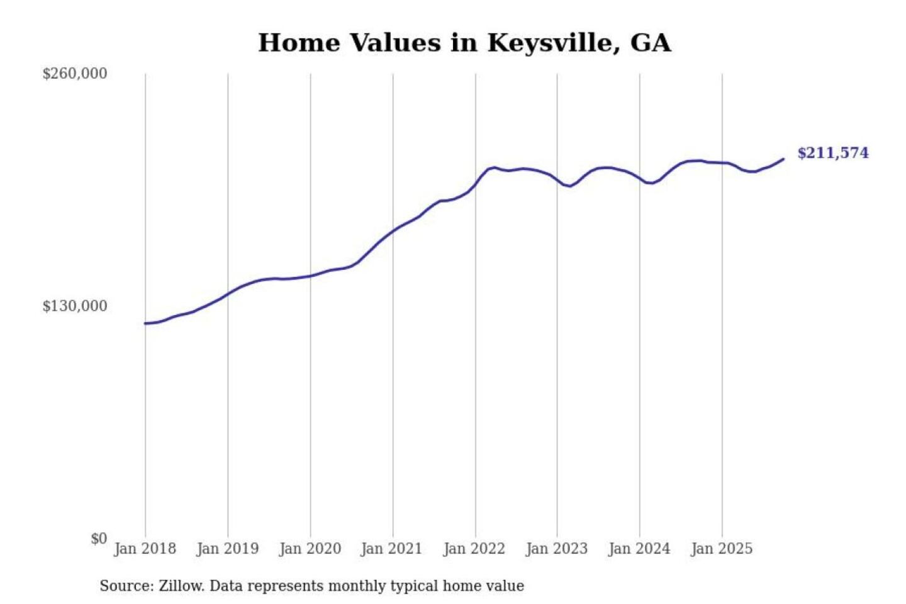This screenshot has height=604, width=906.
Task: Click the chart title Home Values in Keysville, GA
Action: click(464, 43)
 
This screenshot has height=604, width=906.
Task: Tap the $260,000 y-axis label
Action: click(75, 74)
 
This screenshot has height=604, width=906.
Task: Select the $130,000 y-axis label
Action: click(75, 306)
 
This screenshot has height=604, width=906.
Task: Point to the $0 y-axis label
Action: click(99, 539)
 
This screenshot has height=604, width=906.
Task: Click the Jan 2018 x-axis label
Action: click(145, 549)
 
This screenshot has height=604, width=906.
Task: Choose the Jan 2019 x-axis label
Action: click(227, 549)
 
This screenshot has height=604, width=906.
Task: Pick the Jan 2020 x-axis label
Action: click(310, 549)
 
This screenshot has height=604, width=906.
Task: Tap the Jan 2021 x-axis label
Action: click(391, 549)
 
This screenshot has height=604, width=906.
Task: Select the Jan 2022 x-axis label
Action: click(474, 549)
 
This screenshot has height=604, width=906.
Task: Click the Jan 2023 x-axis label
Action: click(556, 549)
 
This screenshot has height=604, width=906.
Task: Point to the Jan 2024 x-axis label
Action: click(639, 549)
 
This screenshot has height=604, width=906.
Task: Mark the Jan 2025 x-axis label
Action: click(721, 549)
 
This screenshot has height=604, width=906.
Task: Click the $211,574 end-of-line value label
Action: click(832, 153)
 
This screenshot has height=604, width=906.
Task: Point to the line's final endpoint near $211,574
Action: click(783, 159)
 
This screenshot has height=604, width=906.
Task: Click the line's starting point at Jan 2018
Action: click(145, 323)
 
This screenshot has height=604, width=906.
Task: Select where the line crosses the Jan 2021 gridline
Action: click(393, 231)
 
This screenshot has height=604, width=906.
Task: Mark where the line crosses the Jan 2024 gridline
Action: click(640, 179)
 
